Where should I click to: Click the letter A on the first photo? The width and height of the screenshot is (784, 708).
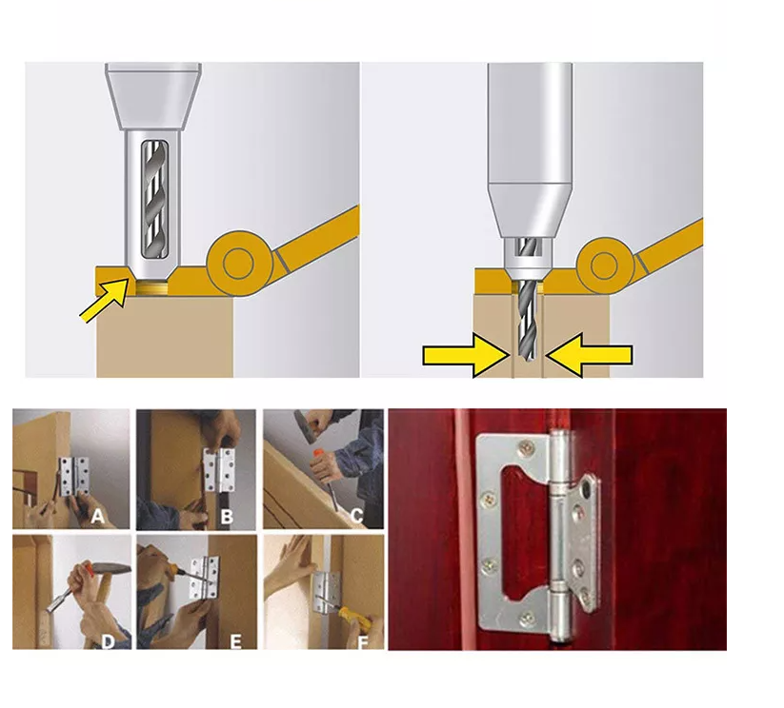(97, 516)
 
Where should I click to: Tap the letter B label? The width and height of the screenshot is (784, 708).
(227, 516)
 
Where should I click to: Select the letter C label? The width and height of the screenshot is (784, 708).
(356, 516)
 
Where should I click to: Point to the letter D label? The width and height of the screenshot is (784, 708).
(108, 641)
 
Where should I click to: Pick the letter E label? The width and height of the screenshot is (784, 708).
(235, 641)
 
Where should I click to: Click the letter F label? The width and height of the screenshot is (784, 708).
(363, 641)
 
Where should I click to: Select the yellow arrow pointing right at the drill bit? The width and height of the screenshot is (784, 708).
(466, 356)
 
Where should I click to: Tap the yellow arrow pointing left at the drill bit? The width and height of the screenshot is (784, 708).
(589, 355)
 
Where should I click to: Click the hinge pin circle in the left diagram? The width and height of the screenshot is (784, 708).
(238, 263)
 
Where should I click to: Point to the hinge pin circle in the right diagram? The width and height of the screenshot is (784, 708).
(605, 265)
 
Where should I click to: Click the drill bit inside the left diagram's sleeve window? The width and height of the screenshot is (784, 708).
(154, 199)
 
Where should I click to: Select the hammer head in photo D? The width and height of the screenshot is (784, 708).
(111, 568)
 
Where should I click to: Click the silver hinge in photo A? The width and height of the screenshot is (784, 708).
(74, 477)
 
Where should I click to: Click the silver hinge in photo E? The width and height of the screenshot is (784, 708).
(205, 578)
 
